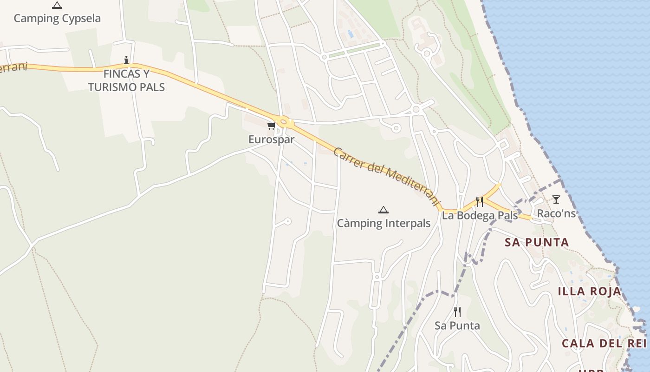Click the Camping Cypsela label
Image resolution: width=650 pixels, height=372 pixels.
point(57,19)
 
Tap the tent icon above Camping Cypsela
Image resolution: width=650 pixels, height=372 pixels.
point(57,6)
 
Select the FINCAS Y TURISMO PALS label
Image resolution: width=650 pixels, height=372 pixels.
point(126,80)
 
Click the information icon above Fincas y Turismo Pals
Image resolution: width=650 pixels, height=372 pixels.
point(126,60)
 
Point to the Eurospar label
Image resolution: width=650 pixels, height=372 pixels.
point(271,139)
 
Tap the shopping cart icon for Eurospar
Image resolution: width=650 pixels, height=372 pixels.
point(271,126)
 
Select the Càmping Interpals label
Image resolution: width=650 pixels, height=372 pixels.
point(383,223)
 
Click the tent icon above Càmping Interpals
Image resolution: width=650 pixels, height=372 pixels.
point(383,210)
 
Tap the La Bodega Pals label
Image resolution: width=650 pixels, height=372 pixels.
point(480,215)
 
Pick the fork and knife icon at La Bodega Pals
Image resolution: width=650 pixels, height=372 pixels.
point(480,202)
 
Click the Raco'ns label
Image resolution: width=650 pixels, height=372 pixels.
point(556,213)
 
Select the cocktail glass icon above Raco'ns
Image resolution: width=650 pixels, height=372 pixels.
point(556,199)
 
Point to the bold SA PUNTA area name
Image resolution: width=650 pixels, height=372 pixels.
point(537,242)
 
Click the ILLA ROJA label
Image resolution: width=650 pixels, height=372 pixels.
point(589,292)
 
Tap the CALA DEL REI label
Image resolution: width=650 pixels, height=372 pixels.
point(604,343)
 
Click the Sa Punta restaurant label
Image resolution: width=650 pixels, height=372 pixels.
point(457,325)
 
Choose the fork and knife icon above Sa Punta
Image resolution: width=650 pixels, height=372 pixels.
point(457,312)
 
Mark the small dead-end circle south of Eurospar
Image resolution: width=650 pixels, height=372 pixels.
point(287,221)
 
